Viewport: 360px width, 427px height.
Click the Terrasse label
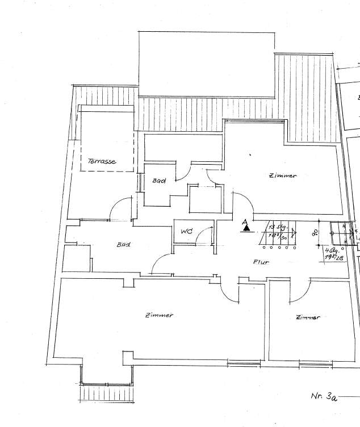(102, 162)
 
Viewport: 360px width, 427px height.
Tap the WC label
(186, 232)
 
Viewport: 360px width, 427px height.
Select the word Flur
(261, 262)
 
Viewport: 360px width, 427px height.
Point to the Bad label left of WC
(123, 245)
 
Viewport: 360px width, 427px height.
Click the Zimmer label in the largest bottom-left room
(159, 315)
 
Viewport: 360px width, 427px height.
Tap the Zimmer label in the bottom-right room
(307, 317)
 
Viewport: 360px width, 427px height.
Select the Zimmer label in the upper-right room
(283, 176)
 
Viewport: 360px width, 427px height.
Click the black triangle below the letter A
(246, 229)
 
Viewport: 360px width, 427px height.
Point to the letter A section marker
(244, 221)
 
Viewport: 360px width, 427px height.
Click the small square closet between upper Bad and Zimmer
(204, 199)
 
